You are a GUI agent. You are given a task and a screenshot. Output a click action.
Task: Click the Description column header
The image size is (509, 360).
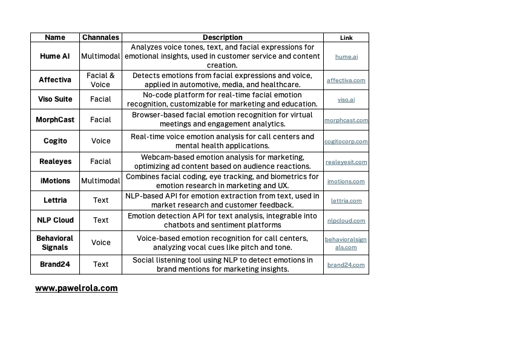point(222,38)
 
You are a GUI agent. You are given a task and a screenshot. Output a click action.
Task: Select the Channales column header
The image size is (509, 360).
point(100,38)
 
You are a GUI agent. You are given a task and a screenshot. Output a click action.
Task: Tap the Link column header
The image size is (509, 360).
point(346,38)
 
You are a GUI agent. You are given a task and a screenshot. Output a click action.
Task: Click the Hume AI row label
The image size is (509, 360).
point(55,56)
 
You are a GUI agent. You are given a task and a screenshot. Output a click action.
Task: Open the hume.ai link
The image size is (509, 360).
point(346,57)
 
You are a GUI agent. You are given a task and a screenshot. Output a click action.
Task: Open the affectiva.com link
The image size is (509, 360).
point(346,80)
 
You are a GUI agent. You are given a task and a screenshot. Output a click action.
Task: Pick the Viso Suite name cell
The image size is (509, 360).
point(55,99)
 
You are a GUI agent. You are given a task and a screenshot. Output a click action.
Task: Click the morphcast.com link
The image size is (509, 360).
point(346,120)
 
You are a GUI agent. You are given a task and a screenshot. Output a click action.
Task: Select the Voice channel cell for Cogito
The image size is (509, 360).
point(100,141)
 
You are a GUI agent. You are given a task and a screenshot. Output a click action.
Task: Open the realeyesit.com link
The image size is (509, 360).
point(346,162)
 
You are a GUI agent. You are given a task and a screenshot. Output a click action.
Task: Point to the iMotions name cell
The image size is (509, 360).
point(55,181)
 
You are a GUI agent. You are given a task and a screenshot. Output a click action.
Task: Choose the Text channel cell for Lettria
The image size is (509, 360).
point(100,200)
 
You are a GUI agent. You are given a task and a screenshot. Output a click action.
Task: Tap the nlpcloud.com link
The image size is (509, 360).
point(346,220)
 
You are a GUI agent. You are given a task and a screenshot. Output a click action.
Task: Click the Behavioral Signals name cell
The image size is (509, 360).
point(55,243)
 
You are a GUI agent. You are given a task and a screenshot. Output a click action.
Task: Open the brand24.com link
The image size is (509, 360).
point(346,264)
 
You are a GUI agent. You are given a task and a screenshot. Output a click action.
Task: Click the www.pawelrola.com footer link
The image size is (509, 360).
point(76,288)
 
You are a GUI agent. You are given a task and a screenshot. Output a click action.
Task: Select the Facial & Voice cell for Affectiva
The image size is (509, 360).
point(100,80)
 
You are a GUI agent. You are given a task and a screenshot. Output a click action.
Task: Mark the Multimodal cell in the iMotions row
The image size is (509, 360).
point(100,181)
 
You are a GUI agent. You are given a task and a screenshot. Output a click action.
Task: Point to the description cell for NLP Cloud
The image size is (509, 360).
point(222,220)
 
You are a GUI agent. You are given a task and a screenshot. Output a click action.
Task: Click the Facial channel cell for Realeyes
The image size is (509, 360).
point(100,162)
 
